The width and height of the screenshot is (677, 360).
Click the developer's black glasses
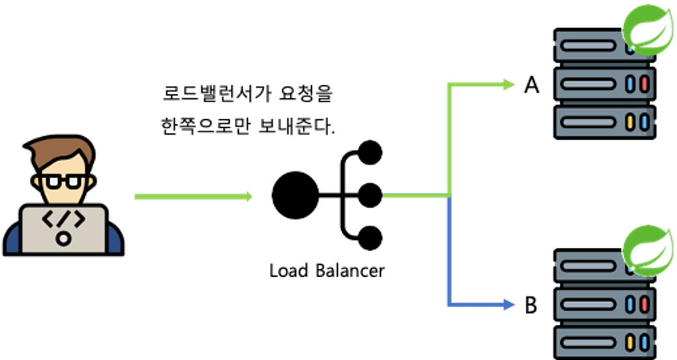click(63, 180)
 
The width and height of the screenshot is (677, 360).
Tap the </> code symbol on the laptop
click(63, 220)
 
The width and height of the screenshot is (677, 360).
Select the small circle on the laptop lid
click(63, 238)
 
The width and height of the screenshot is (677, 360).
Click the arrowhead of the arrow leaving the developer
click(249, 197)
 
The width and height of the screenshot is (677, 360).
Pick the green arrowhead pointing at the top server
click(510, 84)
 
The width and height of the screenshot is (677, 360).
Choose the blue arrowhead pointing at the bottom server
click(510, 303)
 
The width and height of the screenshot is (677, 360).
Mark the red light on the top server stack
click(644, 84)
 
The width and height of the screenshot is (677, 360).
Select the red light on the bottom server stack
click(644, 304)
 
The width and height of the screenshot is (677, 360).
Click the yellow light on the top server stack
click(630, 122)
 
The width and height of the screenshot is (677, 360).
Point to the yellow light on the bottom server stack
click(630, 341)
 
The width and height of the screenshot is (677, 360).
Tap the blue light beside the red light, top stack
click(630, 84)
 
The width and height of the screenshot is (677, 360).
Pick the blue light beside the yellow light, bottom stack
click(644, 341)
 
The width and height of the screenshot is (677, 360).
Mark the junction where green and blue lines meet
click(449, 196)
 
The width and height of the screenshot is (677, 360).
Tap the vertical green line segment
click(449, 140)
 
